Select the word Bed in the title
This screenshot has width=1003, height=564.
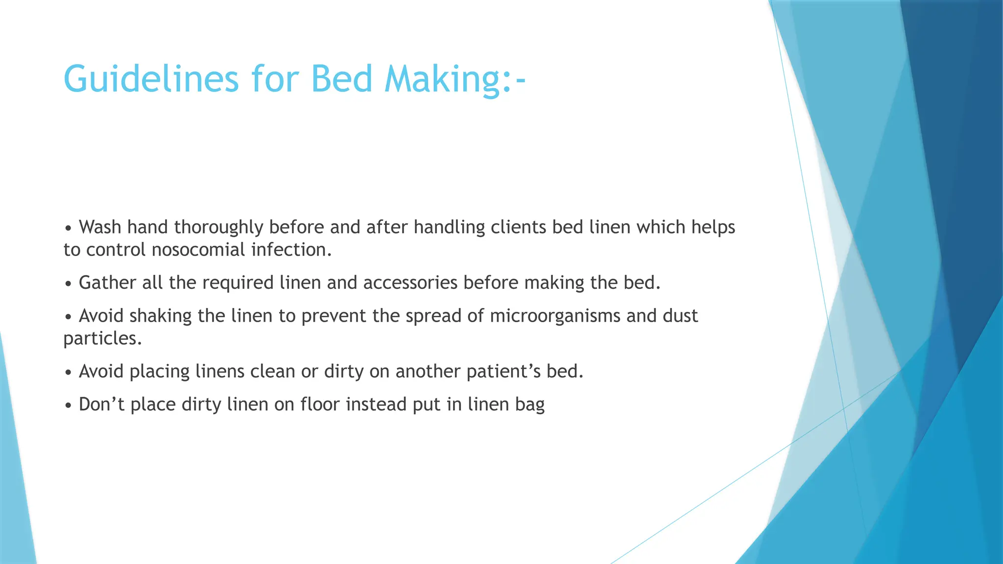pos(341,79)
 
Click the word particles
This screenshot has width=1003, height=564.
pos(102,338)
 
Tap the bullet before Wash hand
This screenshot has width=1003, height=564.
pos(68,228)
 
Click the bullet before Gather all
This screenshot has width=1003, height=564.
pos(68,284)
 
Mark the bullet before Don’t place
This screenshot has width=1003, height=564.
pos(68,405)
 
